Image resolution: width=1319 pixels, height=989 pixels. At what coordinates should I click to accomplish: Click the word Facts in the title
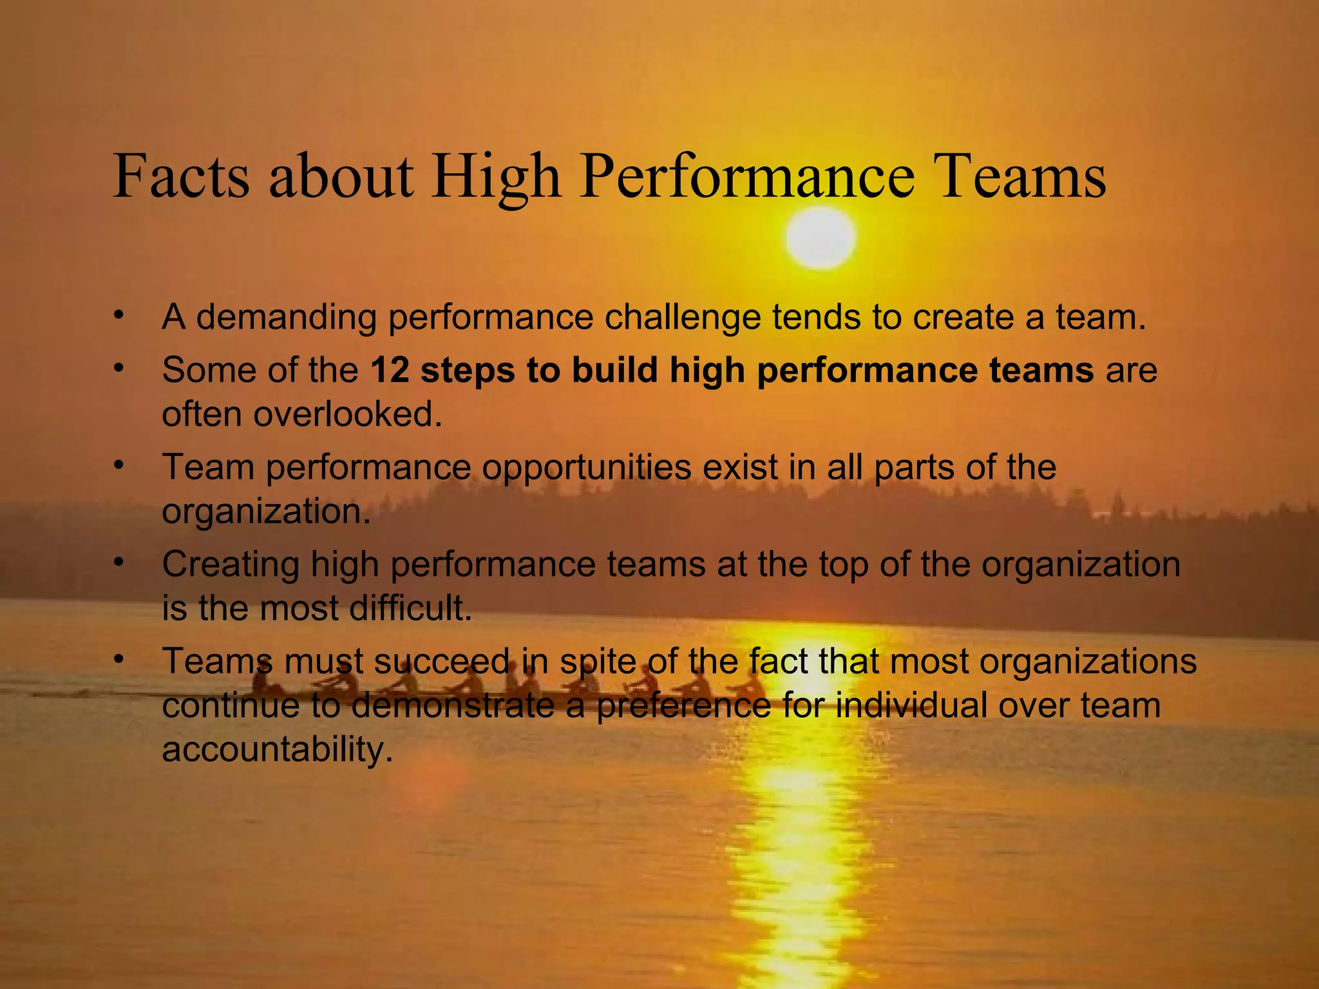point(181,176)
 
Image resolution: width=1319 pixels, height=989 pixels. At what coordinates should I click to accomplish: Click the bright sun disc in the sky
point(821,237)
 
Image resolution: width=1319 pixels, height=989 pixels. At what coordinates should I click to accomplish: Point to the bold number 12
point(390,370)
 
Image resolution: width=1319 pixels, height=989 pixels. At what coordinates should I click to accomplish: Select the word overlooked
point(348,414)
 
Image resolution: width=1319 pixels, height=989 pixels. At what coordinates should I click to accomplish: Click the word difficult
point(410,608)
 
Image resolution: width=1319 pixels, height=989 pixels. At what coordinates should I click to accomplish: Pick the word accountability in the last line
point(277,749)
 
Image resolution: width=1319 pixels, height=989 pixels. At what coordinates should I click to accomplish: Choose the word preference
point(683,706)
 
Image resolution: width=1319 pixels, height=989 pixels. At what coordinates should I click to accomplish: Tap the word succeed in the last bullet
point(441,661)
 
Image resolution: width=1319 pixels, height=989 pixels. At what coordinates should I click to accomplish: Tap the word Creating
point(231,565)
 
